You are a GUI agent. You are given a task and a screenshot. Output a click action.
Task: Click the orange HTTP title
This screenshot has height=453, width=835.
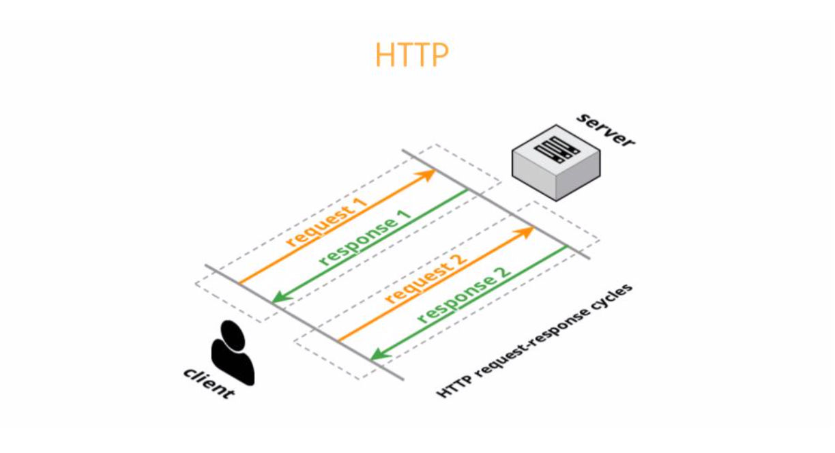[x=411, y=55]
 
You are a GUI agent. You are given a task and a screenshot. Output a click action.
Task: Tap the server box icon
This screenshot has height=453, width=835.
[x=556, y=163]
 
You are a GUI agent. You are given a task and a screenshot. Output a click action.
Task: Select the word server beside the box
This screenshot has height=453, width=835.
[x=606, y=130]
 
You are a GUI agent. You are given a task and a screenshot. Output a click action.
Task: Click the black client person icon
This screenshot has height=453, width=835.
[x=233, y=353]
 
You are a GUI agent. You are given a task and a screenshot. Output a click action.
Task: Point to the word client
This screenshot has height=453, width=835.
[x=209, y=383]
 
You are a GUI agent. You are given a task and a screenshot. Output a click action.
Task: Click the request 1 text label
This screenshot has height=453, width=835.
[x=327, y=222]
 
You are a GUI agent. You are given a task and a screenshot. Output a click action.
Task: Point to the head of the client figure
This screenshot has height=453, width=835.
[x=233, y=335]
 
